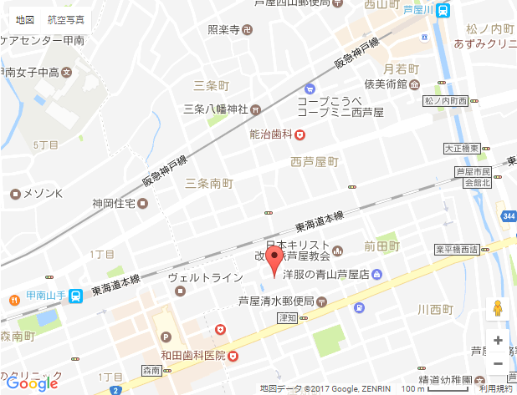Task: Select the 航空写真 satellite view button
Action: click(65, 18)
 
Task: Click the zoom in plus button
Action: click(498, 340)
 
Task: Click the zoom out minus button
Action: click(498, 363)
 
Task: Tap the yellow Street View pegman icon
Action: click(498, 308)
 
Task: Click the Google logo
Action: click(33, 383)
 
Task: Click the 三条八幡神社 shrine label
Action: click(215, 109)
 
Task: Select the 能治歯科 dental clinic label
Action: click(269, 134)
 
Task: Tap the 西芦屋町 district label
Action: click(314, 160)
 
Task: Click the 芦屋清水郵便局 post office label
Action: click(277, 301)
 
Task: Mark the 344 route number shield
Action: click(509, 216)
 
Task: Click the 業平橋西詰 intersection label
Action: click(456, 250)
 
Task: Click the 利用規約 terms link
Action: click(495, 389)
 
